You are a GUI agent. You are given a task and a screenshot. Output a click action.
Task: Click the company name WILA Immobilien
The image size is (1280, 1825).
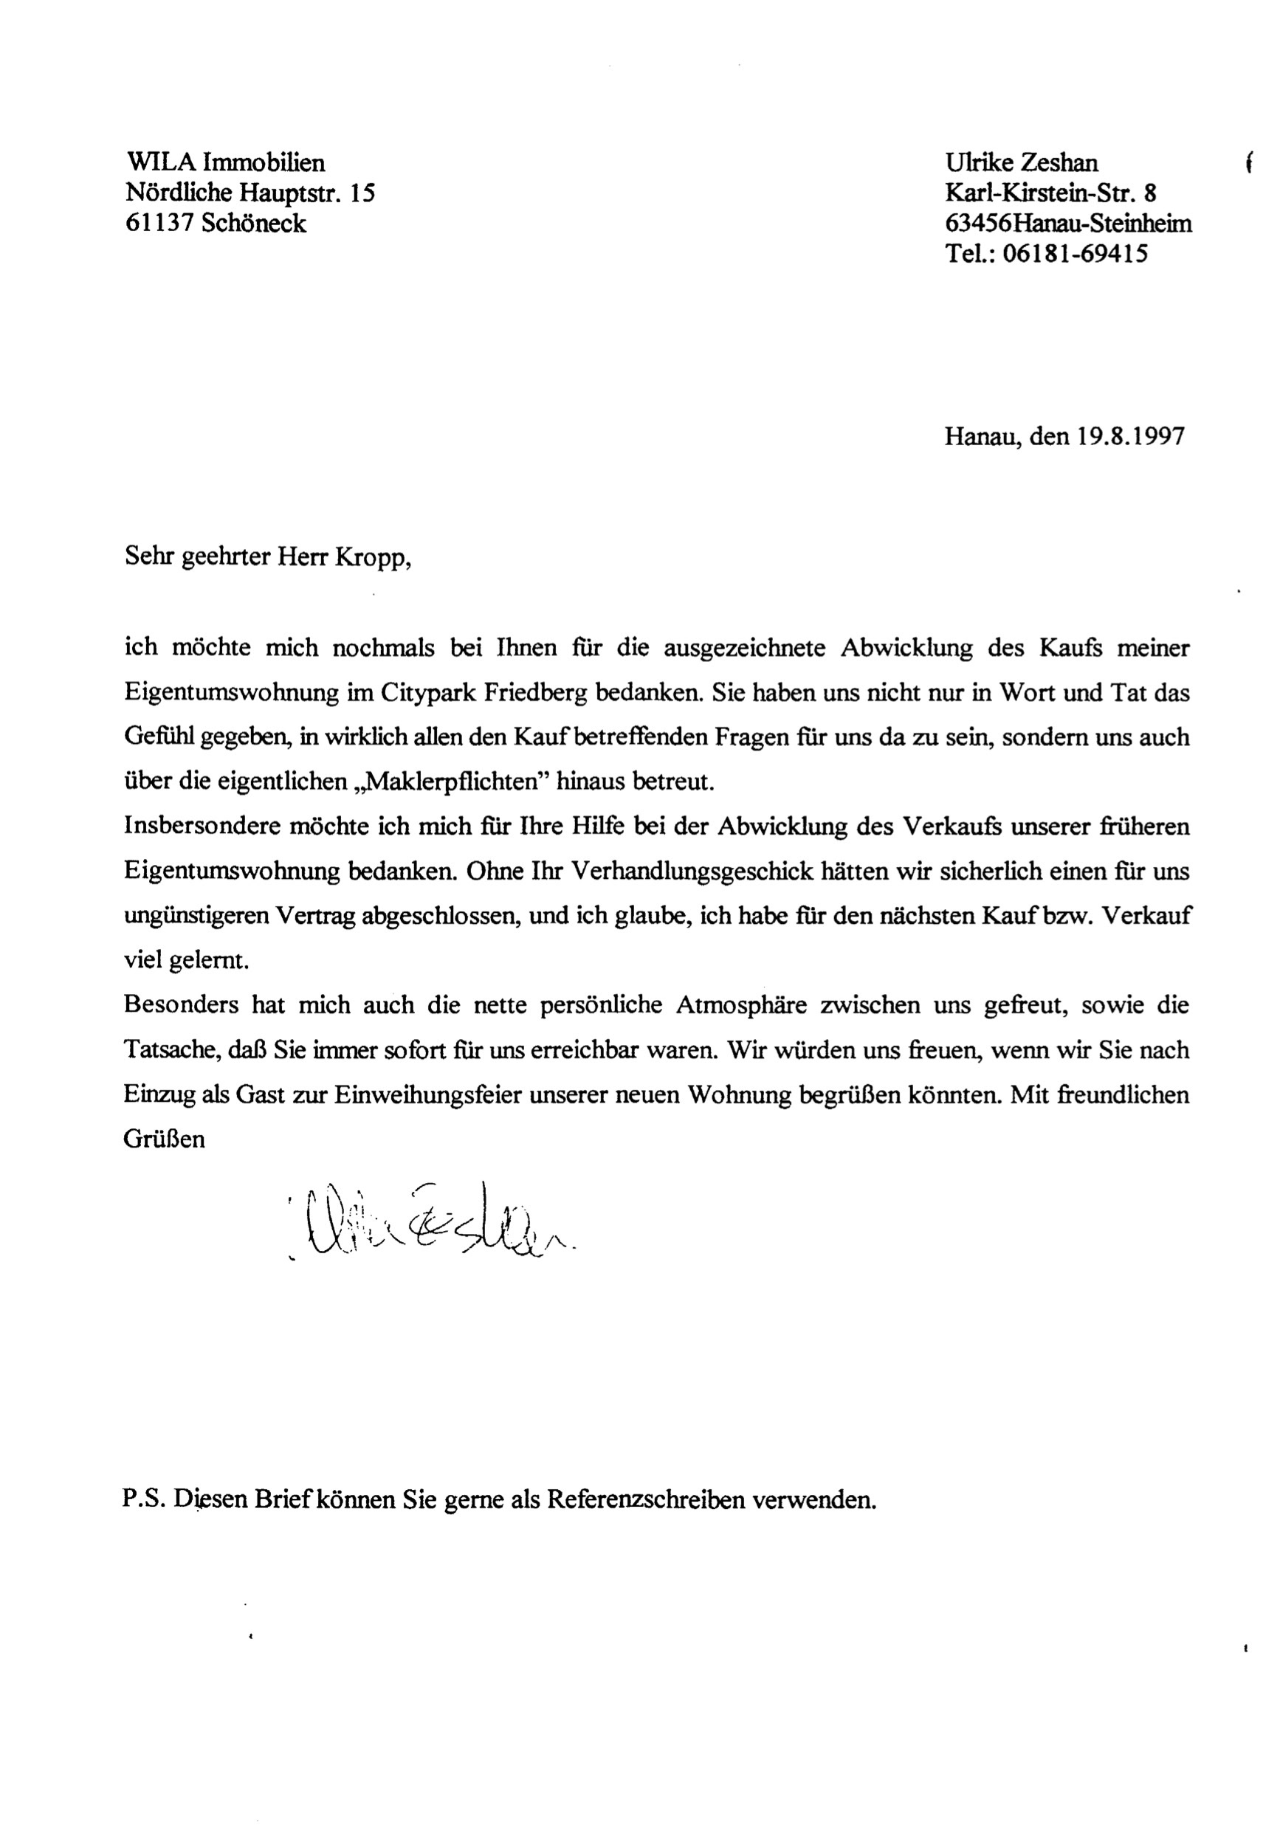225,163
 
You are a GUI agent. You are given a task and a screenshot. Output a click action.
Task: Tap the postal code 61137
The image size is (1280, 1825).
158,224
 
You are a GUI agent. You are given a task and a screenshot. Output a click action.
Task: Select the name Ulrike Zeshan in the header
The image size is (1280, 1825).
1021,163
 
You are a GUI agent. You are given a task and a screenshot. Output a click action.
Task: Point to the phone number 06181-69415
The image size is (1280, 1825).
1074,254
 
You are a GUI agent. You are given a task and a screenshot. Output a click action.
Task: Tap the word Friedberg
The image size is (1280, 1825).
533,692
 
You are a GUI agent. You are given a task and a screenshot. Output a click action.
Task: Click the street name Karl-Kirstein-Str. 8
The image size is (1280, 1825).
1050,193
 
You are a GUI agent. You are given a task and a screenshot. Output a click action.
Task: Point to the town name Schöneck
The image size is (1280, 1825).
252,224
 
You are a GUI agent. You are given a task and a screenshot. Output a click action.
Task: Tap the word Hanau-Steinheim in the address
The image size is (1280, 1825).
1101,224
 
